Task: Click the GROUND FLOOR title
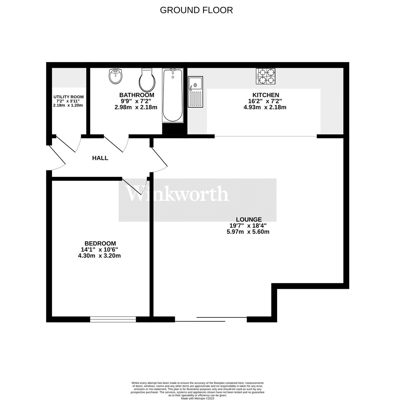click(x=196, y=10)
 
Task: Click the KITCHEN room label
click(x=266, y=95)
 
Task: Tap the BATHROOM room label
click(x=136, y=95)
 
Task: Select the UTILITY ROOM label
click(x=68, y=97)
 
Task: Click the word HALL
click(x=100, y=158)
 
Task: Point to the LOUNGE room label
click(x=249, y=219)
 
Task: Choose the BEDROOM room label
click(x=100, y=243)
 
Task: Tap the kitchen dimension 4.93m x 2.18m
click(x=265, y=107)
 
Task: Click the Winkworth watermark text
click(x=177, y=194)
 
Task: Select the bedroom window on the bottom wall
click(x=113, y=319)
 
